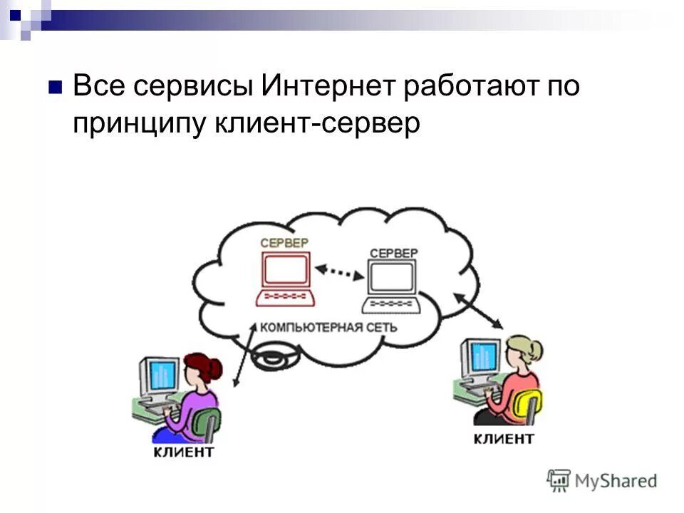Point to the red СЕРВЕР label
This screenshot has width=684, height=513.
pyautogui.click(x=284, y=243)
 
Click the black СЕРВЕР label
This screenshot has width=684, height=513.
pyautogui.click(x=394, y=253)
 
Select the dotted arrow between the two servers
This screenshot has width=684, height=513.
pyautogui.click(x=340, y=271)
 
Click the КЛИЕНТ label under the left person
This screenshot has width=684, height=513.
pyautogui.click(x=184, y=451)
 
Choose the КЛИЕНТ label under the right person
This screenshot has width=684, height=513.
pyautogui.click(x=503, y=437)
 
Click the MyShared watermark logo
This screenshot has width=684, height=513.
pyautogui.click(x=602, y=480)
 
